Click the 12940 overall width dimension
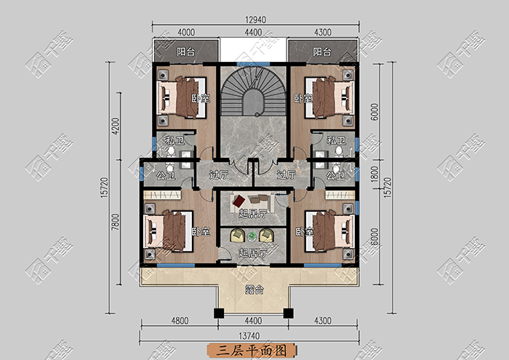click(255, 20)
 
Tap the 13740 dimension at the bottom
click(249, 336)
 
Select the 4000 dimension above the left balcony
click(186, 33)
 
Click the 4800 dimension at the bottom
click(180, 321)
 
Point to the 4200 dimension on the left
click(116, 126)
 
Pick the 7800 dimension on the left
click(116, 222)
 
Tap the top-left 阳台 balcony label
click(186, 52)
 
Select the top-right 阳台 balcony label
click(322, 52)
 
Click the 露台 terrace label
click(254, 289)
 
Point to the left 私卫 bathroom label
click(175, 140)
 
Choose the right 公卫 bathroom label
click(335, 175)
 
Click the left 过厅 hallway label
click(218, 175)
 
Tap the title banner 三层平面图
click(252, 351)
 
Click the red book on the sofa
click(239, 201)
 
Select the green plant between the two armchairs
click(252, 236)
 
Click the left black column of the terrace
click(219, 313)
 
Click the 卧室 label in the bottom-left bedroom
click(201, 232)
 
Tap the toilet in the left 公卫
click(169, 168)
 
